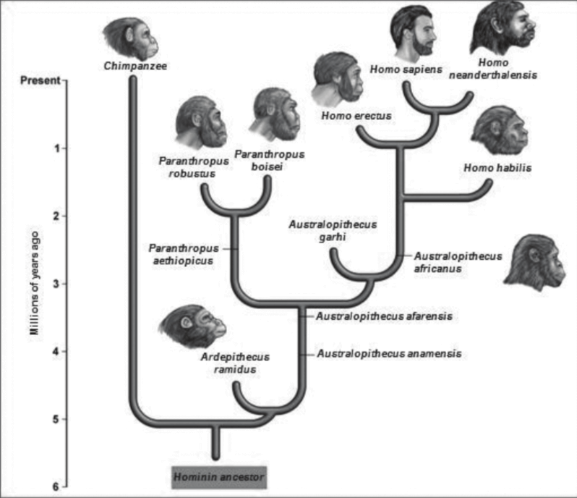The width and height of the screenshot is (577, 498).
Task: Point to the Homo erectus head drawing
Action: coord(338,77)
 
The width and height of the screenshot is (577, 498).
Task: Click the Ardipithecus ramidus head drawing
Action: coord(183,327)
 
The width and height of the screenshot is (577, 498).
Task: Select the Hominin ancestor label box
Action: coord(218,478)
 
